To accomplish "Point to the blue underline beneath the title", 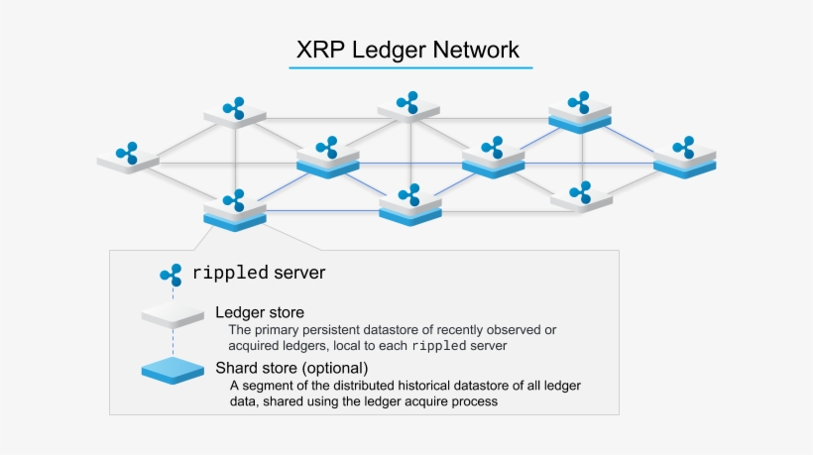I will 410,68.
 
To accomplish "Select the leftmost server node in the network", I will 128,159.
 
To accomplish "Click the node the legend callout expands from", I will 235,210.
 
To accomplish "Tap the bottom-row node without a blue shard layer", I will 581,196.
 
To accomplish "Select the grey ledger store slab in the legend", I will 173,316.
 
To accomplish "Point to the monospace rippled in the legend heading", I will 230,272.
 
